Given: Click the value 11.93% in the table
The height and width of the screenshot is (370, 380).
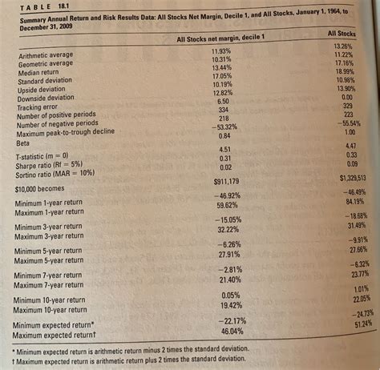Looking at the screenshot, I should pyautogui.click(x=223, y=51).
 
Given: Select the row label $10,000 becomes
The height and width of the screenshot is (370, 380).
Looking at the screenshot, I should pyautogui.click(x=45, y=190).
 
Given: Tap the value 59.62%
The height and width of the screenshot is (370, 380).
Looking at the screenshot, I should pyautogui.click(x=227, y=205).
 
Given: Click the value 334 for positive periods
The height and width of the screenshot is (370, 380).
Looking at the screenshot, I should pyautogui.click(x=224, y=109).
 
